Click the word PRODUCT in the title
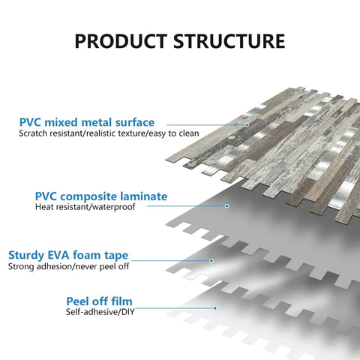(x=121, y=41)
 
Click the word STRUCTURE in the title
(x=229, y=41)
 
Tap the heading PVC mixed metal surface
(x=87, y=122)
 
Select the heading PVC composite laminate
(x=101, y=196)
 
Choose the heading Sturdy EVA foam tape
(x=68, y=256)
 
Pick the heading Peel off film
(x=99, y=301)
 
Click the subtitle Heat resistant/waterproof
(x=85, y=207)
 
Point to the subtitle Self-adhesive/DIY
(x=100, y=312)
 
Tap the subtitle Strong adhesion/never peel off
(x=68, y=266)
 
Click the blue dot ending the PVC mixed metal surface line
(x=247, y=124)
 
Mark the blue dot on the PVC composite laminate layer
(x=227, y=206)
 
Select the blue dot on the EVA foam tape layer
(x=211, y=261)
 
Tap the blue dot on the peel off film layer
(x=215, y=308)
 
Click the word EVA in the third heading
(x=58, y=255)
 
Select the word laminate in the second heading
(x=144, y=196)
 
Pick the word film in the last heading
(x=121, y=301)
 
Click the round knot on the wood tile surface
(x=232, y=137)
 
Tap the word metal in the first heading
(x=96, y=122)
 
